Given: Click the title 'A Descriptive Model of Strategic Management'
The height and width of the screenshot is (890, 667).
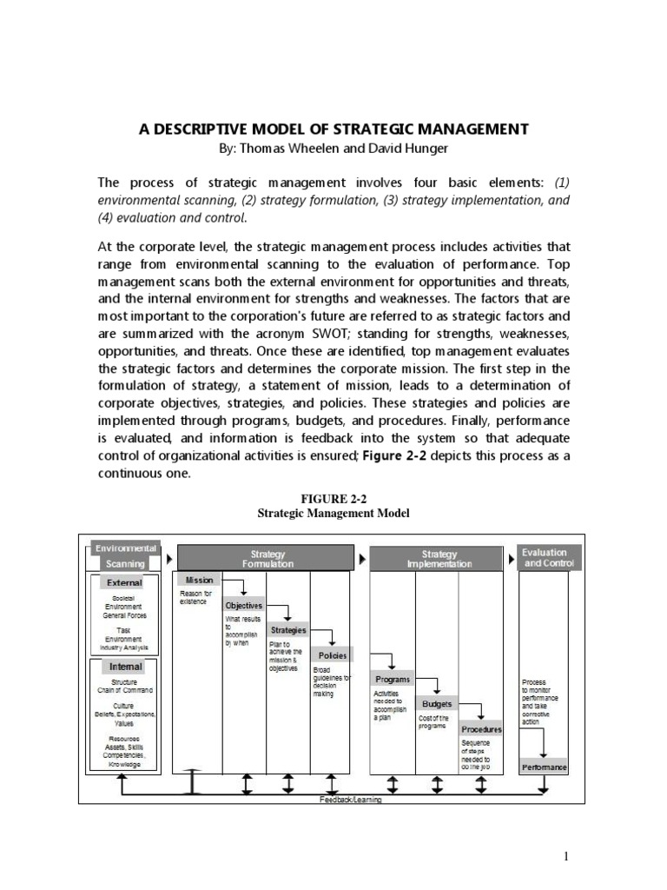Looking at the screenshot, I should [x=333, y=129].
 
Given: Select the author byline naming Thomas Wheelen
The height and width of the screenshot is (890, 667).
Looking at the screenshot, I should [x=333, y=149].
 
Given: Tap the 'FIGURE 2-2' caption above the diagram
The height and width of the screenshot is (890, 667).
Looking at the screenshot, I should [x=333, y=498].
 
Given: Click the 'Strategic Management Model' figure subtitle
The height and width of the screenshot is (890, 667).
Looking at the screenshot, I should [x=333, y=514].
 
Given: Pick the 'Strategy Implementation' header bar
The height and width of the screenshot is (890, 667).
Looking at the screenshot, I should [x=439, y=558].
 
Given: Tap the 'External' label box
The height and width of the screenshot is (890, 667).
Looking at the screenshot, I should [x=125, y=582].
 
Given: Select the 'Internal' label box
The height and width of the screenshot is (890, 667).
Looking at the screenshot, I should [x=125, y=667].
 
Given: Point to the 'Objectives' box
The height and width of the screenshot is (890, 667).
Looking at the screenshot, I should [x=243, y=605].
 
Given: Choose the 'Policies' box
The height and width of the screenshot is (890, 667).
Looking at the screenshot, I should [x=333, y=655].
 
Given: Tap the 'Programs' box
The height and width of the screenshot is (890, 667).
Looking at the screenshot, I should [x=393, y=679].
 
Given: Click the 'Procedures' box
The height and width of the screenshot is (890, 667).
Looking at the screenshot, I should [x=481, y=729].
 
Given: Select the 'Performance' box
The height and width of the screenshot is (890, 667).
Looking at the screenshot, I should [x=545, y=767].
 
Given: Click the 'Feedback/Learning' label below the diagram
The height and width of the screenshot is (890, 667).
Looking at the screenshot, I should [x=350, y=800].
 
